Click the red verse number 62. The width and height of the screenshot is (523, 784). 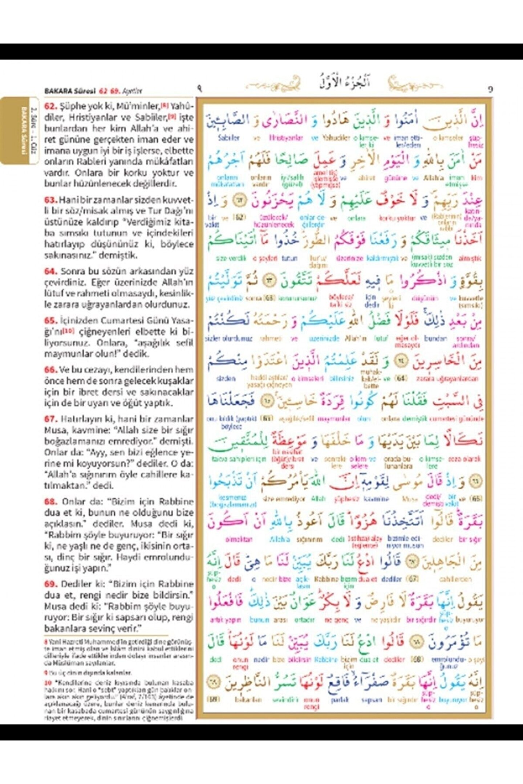pos(50,106)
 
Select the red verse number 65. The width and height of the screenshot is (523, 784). pos(50,321)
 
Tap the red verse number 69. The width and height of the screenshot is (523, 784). pos(50,584)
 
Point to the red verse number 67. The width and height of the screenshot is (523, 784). pos(50,419)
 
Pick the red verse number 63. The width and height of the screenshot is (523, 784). pos(50,200)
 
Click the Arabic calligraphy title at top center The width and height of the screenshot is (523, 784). pos(344,81)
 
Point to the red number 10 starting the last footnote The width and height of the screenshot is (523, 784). pos(48,683)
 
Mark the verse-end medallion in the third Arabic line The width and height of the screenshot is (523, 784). pos(240,200)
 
